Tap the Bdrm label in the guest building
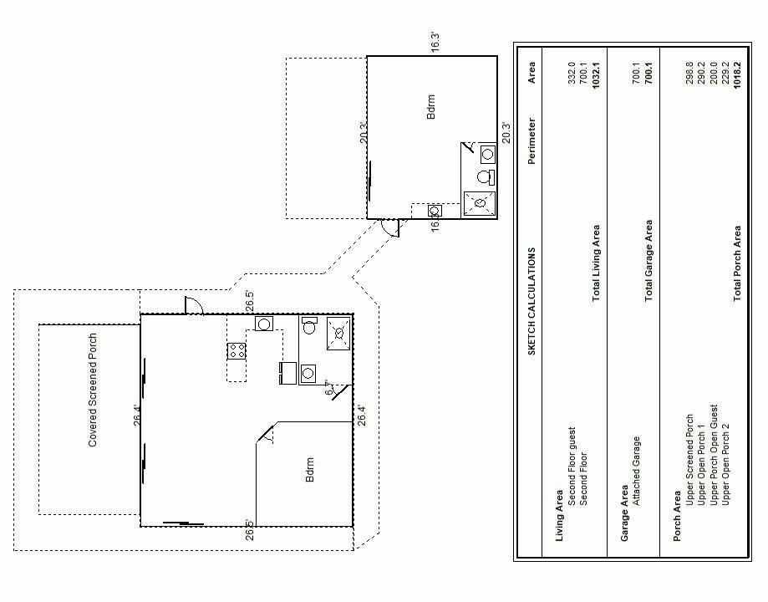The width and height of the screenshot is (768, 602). tap(431, 107)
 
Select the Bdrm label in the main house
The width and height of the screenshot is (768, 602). tap(309, 470)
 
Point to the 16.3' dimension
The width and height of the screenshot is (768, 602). tap(435, 43)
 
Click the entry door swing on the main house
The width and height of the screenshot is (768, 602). tap(194, 306)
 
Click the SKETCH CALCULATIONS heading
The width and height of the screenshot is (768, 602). tap(531, 302)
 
